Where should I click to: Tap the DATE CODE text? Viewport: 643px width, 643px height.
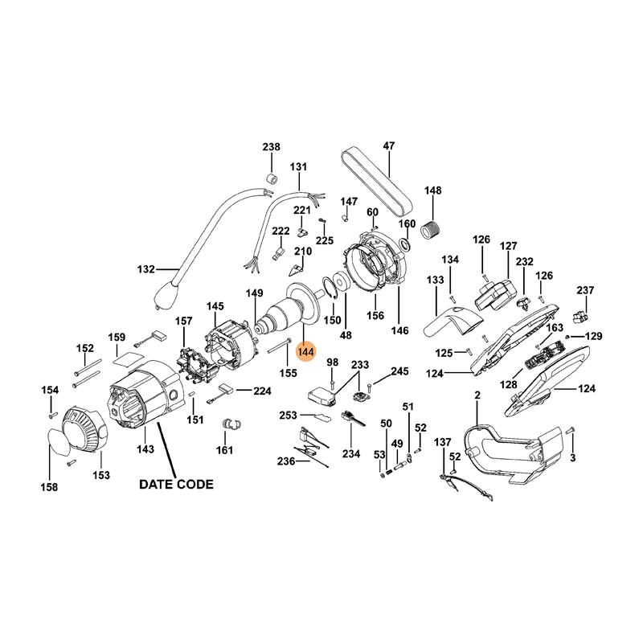pos(176,485)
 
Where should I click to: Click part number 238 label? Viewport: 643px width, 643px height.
pos(272,147)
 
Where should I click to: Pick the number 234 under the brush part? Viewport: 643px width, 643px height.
pos(350,454)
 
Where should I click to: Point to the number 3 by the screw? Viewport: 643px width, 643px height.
pos(572,458)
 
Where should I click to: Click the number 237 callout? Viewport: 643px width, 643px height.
pos(585,290)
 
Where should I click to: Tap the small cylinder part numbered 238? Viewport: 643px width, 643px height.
pos(272,176)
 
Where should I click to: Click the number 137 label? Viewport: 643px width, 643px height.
pos(443,443)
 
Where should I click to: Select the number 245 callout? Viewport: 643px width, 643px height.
pos(399,371)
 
